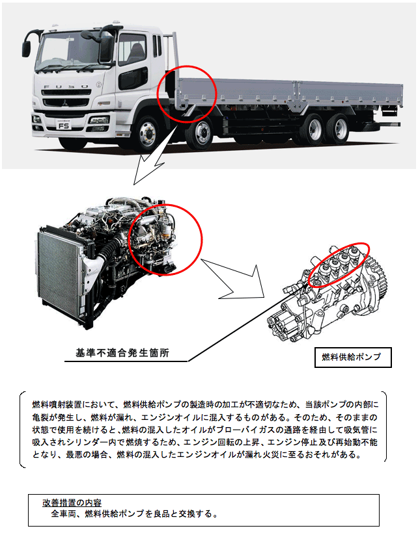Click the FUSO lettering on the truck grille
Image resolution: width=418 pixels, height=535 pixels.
coord(66,86)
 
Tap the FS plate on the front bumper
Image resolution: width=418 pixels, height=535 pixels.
coord(64,125)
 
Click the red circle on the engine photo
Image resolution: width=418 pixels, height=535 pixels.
coord(165,239)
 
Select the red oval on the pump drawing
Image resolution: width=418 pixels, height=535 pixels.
coord(339,265)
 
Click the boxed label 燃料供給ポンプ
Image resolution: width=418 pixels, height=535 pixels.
coord(353,358)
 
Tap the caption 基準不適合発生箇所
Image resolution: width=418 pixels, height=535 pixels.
coord(122,352)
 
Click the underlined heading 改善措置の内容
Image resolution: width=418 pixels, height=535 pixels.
coord(72,502)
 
